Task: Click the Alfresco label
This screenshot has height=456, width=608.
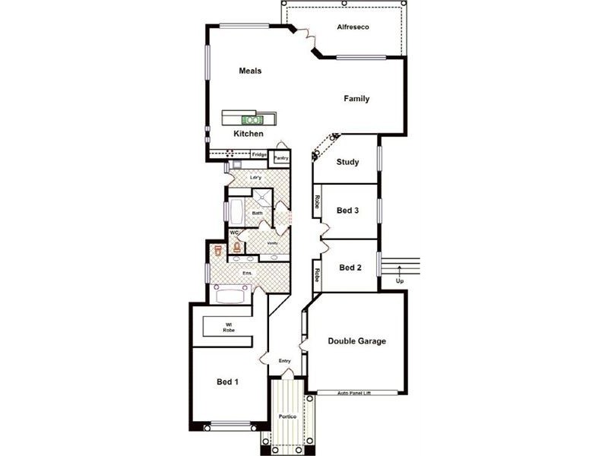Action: coord(353,28)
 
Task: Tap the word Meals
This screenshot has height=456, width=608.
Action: coord(250,71)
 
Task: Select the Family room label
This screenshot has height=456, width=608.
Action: coord(356,99)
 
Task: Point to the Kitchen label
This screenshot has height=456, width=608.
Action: coord(249,134)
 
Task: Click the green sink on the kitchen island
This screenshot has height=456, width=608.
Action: coord(252,119)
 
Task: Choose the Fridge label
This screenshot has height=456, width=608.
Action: coord(259,155)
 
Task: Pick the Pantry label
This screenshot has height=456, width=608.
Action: coord(281,158)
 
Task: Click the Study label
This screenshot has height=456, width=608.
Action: coord(347,162)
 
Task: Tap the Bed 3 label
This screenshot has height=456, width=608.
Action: coord(347,211)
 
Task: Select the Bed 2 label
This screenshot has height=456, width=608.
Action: coord(350,268)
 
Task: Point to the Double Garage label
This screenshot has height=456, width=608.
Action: coord(356,341)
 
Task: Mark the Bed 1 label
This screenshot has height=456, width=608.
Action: coord(228,382)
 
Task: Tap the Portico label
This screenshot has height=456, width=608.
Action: coord(287,417)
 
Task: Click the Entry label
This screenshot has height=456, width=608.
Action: coord(285,361)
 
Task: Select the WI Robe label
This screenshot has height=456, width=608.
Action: coord(228,328)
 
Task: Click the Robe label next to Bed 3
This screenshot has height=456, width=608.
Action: coord(316,203)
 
